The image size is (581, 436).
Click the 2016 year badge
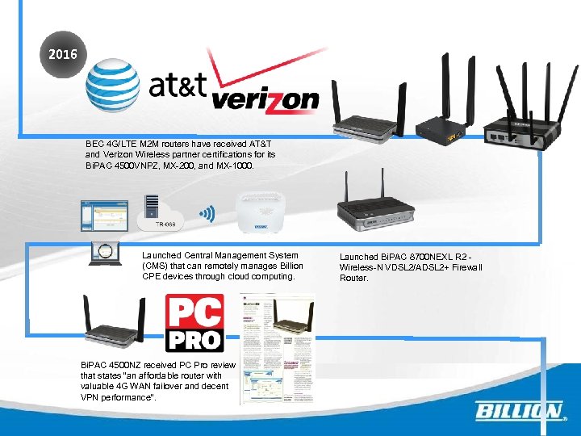63,56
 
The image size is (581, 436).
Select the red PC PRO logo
194,324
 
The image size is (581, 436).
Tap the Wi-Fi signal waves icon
207,214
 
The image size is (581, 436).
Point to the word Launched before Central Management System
161,255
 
